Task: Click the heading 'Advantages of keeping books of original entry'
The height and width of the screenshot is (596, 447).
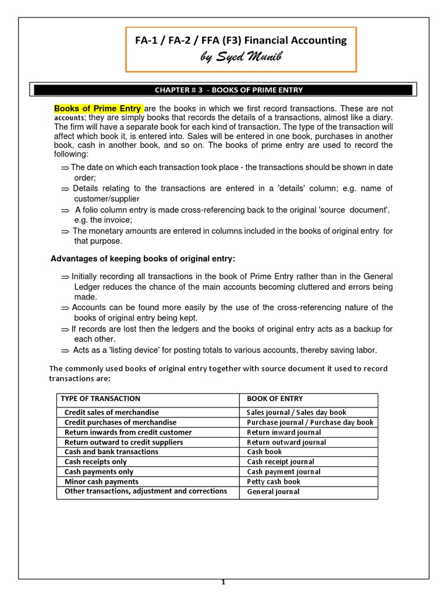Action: coord(143,258)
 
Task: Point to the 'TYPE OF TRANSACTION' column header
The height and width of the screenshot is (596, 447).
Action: coord(100,399)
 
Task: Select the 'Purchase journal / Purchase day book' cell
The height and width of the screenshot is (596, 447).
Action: coord(310,423)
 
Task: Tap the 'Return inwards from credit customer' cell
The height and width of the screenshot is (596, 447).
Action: coord(127,432)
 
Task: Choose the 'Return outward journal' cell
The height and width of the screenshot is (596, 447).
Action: coord(286,442)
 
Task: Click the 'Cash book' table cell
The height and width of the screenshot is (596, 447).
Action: coord(264,452)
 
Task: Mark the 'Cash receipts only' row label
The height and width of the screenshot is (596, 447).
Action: coord(95,462)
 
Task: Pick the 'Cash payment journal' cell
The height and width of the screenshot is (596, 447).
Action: coord(283,471)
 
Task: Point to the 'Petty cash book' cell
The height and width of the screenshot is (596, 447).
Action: coord(274,481)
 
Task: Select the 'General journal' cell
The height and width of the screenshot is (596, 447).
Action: coord(273,491)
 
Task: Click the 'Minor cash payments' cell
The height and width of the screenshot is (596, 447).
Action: coord(101,481)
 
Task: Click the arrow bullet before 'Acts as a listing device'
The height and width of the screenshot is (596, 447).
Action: coord(65,350)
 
